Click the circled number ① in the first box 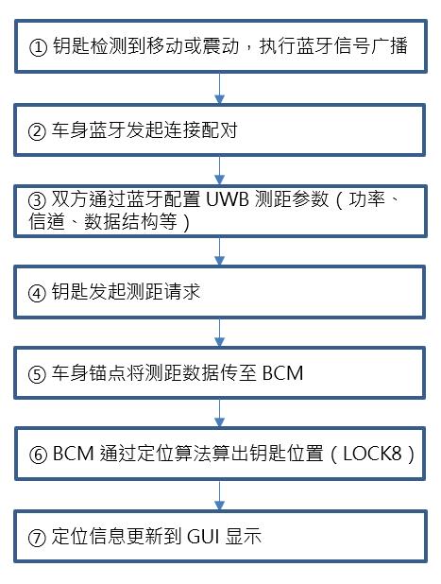pos(38,48)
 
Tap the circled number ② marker pos(37,131)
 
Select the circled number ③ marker pos(37,200)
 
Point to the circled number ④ pos(37,293)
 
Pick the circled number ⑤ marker pos(37,374)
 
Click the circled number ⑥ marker pos(38,455)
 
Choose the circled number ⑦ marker pos(37,538)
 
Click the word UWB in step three pos(227,199)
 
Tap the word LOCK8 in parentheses pos(372,454)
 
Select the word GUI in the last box pos(202,537)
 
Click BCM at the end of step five pos(283,373)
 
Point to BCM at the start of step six pos(73,454)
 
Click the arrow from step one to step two pos(220,88)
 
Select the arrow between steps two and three pos(220,170)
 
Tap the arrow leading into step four pos(220,251)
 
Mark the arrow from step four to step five pos(220,333)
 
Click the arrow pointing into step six pos(220,413)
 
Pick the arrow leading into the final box pos(220,495)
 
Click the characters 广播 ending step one pos(389,46)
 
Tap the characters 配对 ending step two pos(220,130)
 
